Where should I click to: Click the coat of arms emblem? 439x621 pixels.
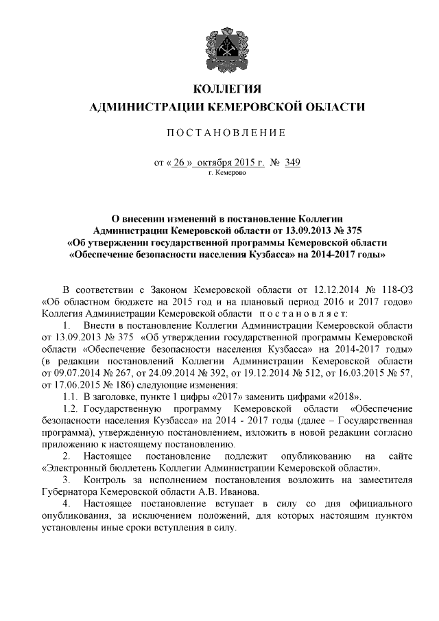pos(219,43)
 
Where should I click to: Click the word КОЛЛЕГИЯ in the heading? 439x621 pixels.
pos(219,90)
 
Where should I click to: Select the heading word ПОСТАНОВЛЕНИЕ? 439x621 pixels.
pos(219,132)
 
